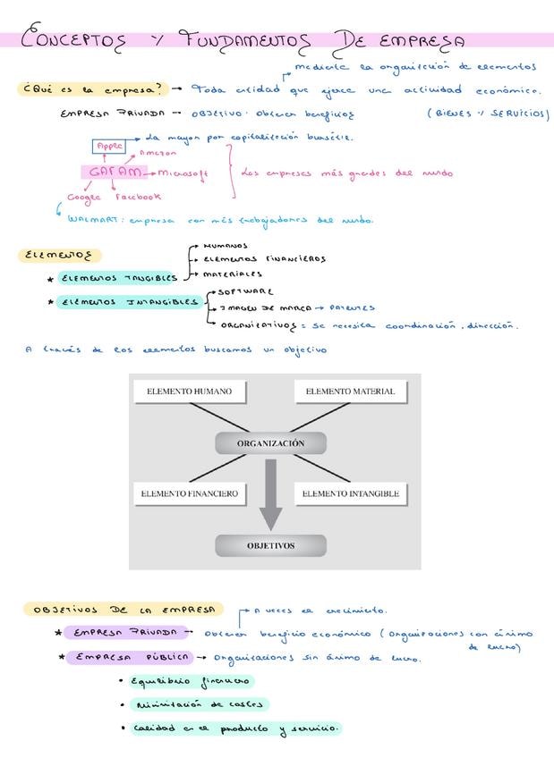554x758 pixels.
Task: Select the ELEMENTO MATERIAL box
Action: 350,392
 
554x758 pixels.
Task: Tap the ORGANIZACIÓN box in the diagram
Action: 270,443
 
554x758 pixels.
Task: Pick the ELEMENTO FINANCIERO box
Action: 188,493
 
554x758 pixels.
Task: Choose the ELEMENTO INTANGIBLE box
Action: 350,493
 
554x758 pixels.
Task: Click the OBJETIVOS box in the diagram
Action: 270,545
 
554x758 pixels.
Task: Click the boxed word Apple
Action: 110,146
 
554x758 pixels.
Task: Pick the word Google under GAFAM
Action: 84,198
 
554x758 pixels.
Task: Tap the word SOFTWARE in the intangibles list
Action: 246,291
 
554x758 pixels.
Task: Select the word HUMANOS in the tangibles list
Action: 225,245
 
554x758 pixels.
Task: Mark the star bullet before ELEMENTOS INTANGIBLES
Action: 50,302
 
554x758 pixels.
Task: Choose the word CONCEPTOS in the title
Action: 76,39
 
